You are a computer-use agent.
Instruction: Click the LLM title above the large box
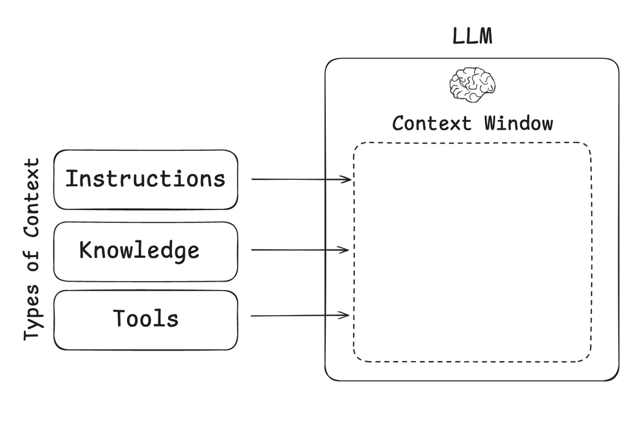coord(472,36)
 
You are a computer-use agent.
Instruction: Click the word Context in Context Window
coord(431,122)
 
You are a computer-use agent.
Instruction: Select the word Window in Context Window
coord(518,122)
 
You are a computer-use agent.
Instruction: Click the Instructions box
coord(146,180)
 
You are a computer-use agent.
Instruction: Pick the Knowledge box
coord(146,251)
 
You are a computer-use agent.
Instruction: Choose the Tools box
coord(146,320)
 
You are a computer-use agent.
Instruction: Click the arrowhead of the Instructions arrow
coord(347,179)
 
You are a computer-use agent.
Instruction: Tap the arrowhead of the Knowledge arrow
coord(345,250)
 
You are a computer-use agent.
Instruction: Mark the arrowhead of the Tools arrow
coord(345,315)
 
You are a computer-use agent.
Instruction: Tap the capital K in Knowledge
coord(86,249)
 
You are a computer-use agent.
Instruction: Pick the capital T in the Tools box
coord(120,318)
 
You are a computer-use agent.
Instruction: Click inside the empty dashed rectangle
coord(472,251)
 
